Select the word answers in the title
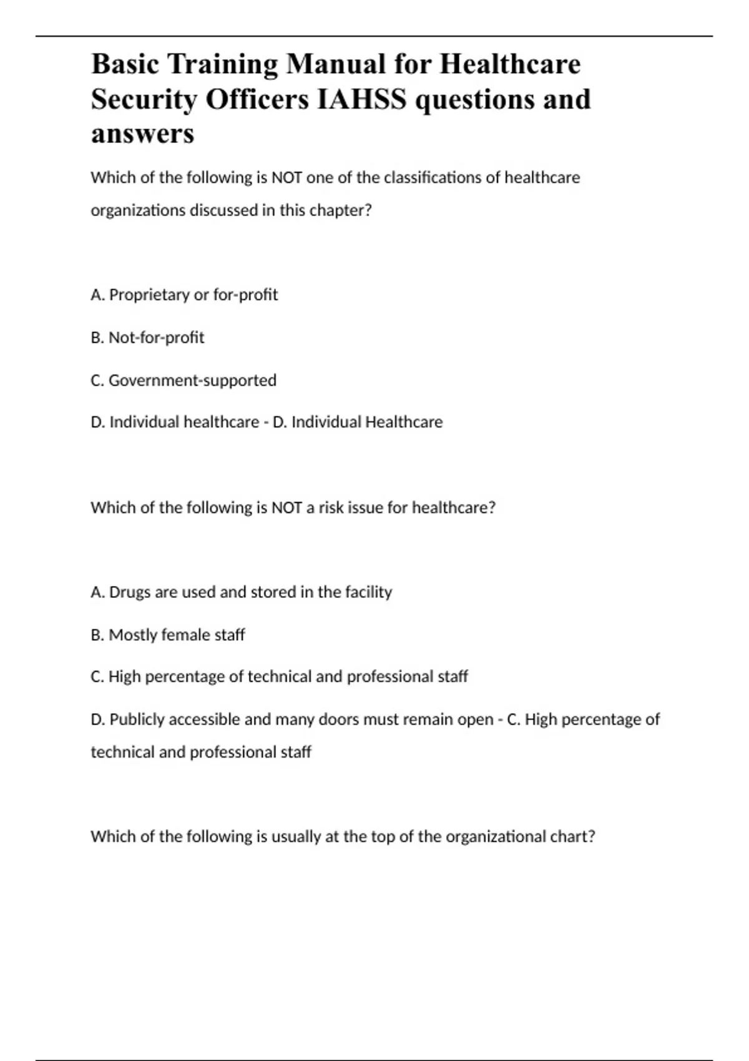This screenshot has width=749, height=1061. click(x=142, y=134)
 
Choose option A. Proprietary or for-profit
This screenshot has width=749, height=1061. click(x=184, y=295)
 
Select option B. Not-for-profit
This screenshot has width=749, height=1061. click(x=147, y=338)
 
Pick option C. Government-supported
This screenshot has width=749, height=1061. click(x=184, y=380)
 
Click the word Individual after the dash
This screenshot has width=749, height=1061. click(x=326, y=423)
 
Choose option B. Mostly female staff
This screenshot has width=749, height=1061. click(x=167, y=635)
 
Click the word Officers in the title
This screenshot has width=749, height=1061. click(x=257, y=99)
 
